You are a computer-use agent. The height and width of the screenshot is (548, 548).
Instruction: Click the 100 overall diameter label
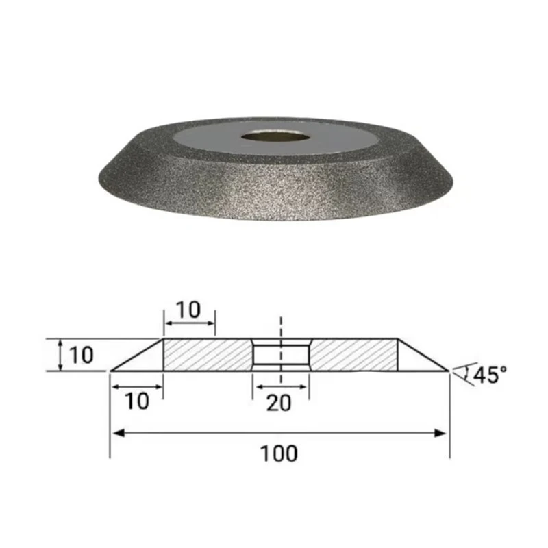(x=279, y=453)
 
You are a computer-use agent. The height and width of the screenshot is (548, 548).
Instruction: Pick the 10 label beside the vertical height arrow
(x=79, y=355)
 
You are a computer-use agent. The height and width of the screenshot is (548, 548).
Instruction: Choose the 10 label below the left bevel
(x=137, y=401)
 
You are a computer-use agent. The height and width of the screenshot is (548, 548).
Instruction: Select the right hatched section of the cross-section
(x=353, y=356)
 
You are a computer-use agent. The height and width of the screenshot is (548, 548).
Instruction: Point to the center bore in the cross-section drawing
(x=281, y=356)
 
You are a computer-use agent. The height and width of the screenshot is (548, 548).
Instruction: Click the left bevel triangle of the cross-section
(x=145, y=360)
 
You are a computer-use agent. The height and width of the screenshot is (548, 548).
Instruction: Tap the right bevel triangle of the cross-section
(x=415, y=360)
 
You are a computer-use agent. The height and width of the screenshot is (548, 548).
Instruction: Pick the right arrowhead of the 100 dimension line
(x=442, y=432)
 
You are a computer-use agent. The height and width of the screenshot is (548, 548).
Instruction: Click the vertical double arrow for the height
(x=61, y=356)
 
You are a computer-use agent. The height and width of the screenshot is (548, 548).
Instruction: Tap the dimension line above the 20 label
(x=281, y=386)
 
